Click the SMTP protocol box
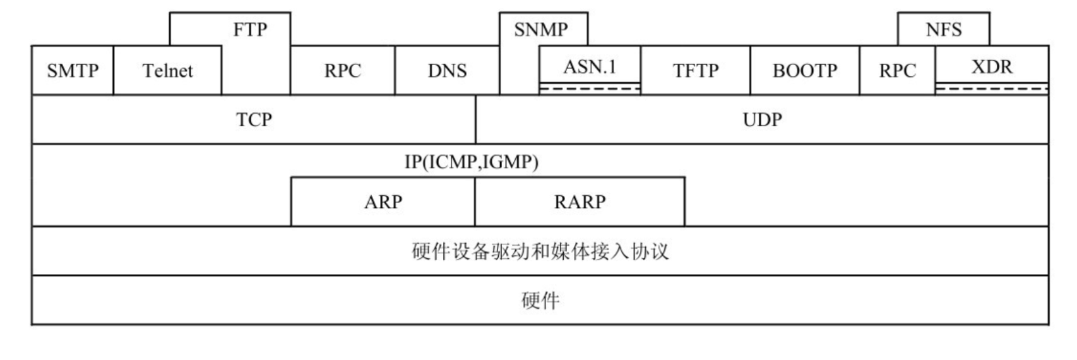coord(73,70)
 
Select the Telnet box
coord(167,70)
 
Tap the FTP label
coord(250,30)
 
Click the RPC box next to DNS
coord(342,70)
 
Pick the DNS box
coord(447,70)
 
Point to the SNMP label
coord(541,30)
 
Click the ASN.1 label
coord(590,66)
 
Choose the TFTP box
coord(695,70)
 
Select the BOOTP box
coord(804,70)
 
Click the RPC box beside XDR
coord(897,70)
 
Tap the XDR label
coord(991,66)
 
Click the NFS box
coord(943,30)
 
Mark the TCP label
coord(254,119)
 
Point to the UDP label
coord(762,119)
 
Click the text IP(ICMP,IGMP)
coord(471,162)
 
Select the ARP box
coord(383,201)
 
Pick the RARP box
coord(580,201)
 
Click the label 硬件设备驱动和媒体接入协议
coord(540,251)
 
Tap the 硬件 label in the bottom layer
coord(540,301)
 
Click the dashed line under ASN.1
coord(590,89)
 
